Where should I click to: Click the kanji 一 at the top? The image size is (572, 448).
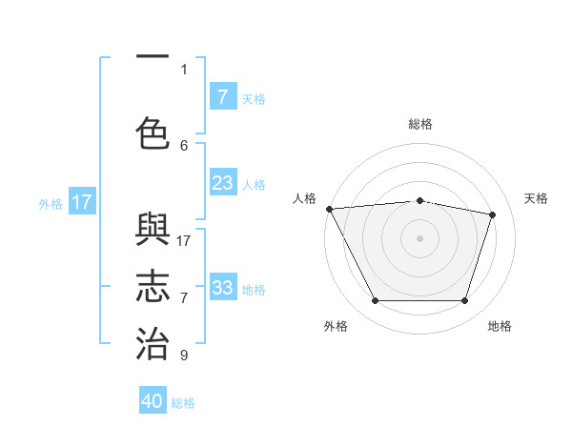pos(153,57)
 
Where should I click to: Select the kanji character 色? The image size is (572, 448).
pos(153,133)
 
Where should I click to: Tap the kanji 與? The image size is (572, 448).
pos(153,233)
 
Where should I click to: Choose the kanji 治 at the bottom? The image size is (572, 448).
pos(153,343)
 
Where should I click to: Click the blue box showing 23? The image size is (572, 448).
pos(223,182)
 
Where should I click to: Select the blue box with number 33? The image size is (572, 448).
pos(223,287)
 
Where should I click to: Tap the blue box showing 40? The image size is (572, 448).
pos(153,401)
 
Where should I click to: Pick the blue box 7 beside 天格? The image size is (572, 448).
pos(223,96)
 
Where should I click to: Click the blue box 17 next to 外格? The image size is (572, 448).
pos(82,201)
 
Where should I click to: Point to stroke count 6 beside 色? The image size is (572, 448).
pos(184,145)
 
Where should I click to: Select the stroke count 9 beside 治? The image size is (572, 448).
pos(184,356)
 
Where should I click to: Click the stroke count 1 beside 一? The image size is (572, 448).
pos(184,69)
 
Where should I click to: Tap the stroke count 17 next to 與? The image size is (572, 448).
pos(184,241)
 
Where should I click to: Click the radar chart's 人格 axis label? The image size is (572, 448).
pos(304,198)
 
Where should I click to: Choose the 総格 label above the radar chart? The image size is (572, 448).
pos(419,124)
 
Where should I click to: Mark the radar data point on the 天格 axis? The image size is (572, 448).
pos(492,214)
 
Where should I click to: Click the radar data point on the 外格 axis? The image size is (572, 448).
pos(375,301)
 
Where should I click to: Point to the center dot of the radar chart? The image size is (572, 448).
pos(419,237)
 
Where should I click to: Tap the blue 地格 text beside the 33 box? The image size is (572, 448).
pos(254,289)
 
